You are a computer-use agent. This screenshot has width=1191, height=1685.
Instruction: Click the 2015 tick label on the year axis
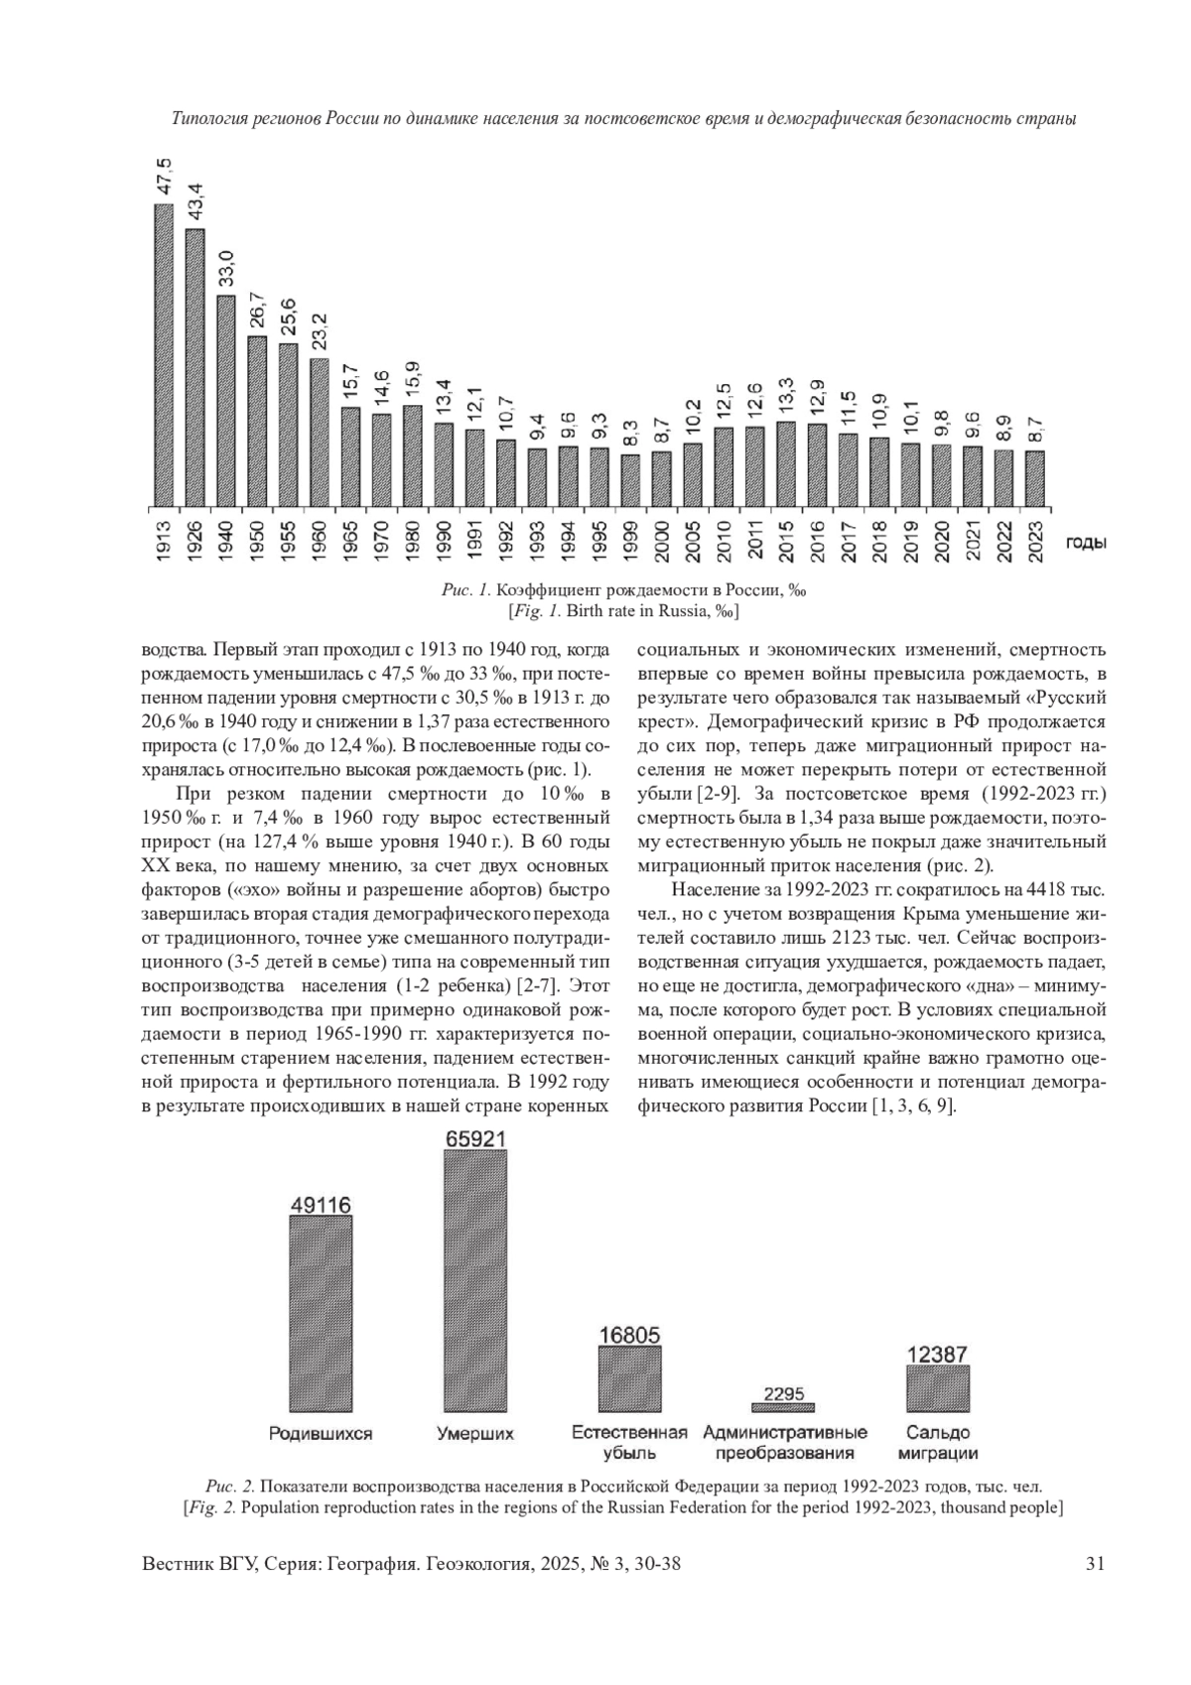tap(786, 542)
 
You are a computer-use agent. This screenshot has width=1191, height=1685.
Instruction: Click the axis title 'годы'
tap(1087, 543)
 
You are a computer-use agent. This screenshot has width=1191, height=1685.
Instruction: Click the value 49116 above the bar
tap(321, 1205)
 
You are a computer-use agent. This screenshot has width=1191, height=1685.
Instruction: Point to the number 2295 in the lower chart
tap(784, 1394)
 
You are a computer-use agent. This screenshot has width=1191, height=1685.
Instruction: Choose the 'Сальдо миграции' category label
tap(938, 1443)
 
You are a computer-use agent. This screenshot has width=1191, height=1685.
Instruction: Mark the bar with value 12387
tap(938, 1388)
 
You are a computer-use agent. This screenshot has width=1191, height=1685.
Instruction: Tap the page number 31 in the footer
tap(1096, 1564)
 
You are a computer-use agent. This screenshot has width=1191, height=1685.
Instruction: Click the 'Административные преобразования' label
tap(785, 1443)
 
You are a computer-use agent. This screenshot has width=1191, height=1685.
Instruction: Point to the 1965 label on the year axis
tap(349, 542)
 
